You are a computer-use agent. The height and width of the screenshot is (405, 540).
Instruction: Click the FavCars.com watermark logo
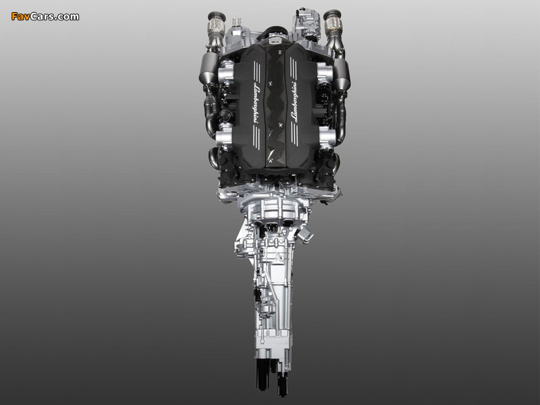[45, 16]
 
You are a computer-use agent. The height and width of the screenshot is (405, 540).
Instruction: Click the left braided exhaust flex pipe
[215, 25]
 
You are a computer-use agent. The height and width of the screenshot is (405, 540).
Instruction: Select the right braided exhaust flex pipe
[333, 24]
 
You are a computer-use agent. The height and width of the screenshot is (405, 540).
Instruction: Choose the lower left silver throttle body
[224, 138]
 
